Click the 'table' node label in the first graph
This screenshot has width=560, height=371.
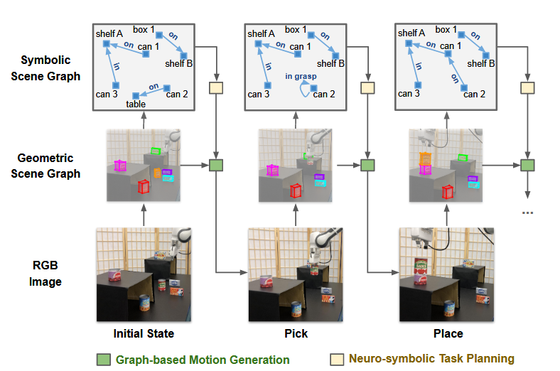click(x=136, y=104)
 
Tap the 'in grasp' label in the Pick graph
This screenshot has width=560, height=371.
click(x=301, y=77)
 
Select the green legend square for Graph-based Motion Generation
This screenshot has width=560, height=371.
click(x=104, y=360)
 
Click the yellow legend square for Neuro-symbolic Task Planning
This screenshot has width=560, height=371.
click(x=337, y=359)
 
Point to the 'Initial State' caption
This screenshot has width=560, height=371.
click(x=144, y=333)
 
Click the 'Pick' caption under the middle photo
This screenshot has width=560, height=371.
click(x=296, y=333)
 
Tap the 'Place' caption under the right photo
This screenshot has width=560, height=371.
click(x=448, y=333)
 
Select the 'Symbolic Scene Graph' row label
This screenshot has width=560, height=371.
click(x=45, y=68)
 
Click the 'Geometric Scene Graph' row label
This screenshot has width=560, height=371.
click(x=45, y=166)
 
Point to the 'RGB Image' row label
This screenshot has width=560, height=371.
click(x=45, y=273)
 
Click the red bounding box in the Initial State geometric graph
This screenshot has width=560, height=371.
click(x=144, y=187)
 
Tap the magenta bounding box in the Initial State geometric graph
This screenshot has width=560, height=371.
click(x=120, y=166)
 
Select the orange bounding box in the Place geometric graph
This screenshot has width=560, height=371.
click(x=426, y=159)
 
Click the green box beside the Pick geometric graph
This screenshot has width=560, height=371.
click(x=367, y=166)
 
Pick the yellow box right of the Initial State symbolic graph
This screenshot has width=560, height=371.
click(x=216, y=88)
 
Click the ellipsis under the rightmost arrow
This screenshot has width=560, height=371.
click(x=527, y=213)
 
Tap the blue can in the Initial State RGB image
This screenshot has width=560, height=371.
click(x=145, y=303)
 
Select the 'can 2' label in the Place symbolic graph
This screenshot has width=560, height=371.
click(x=474, y=95)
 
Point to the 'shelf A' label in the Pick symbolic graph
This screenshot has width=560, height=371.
click(x=261, y=34)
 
